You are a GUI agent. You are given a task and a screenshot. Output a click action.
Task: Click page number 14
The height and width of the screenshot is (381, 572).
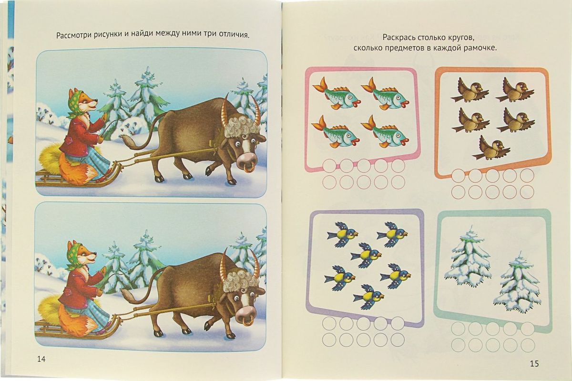41,359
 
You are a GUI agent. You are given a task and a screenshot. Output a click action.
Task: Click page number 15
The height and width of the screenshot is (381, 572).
534,363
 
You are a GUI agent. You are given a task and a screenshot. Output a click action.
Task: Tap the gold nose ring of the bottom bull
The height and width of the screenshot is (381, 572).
247,322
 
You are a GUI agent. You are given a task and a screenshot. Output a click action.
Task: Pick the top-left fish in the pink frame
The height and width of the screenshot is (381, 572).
336,93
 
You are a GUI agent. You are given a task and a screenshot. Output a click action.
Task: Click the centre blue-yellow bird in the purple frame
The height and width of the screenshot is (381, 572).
366,254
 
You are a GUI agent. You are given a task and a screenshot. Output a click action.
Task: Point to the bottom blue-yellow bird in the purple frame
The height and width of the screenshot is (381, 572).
368,296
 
